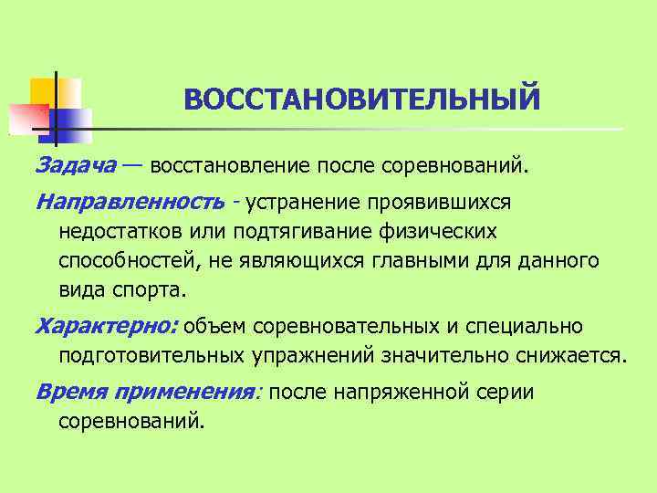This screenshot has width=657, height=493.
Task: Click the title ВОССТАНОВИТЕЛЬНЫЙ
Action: pos(362,99)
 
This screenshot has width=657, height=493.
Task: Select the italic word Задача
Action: pos(76,167)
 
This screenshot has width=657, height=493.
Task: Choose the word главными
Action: pos(434,261)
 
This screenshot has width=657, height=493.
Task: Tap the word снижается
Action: pos(570,356)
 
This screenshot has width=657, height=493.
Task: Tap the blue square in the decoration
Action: pos(73,120)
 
